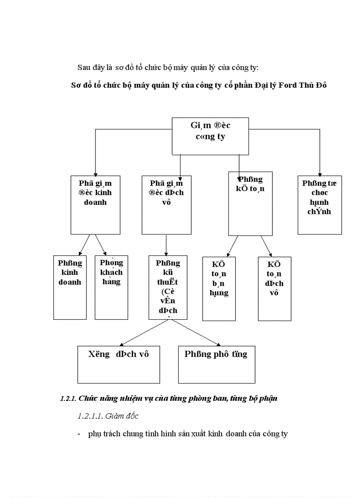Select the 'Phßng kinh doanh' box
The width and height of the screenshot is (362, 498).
[70, 287]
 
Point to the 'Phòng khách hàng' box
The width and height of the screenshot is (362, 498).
[111, 287]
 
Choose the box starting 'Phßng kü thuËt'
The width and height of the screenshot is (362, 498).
[168, 287]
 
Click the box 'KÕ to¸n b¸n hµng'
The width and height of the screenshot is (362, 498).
[219, 288]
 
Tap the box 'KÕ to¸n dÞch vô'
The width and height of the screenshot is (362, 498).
[274, 288]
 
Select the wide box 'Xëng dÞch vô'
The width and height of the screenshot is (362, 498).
[118, 365]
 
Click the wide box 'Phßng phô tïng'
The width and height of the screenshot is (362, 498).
[216, 365]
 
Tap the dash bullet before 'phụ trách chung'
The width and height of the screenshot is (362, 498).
[79, 434]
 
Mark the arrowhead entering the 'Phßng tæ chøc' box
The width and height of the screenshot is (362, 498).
[319, 173]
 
